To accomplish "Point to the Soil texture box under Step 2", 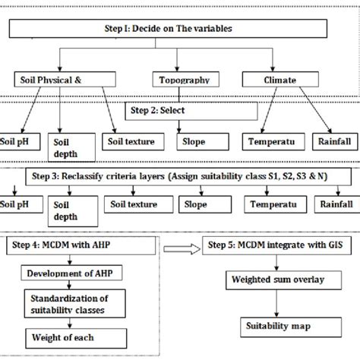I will tap(130, 141).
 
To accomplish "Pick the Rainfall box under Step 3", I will tap(335, 204).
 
